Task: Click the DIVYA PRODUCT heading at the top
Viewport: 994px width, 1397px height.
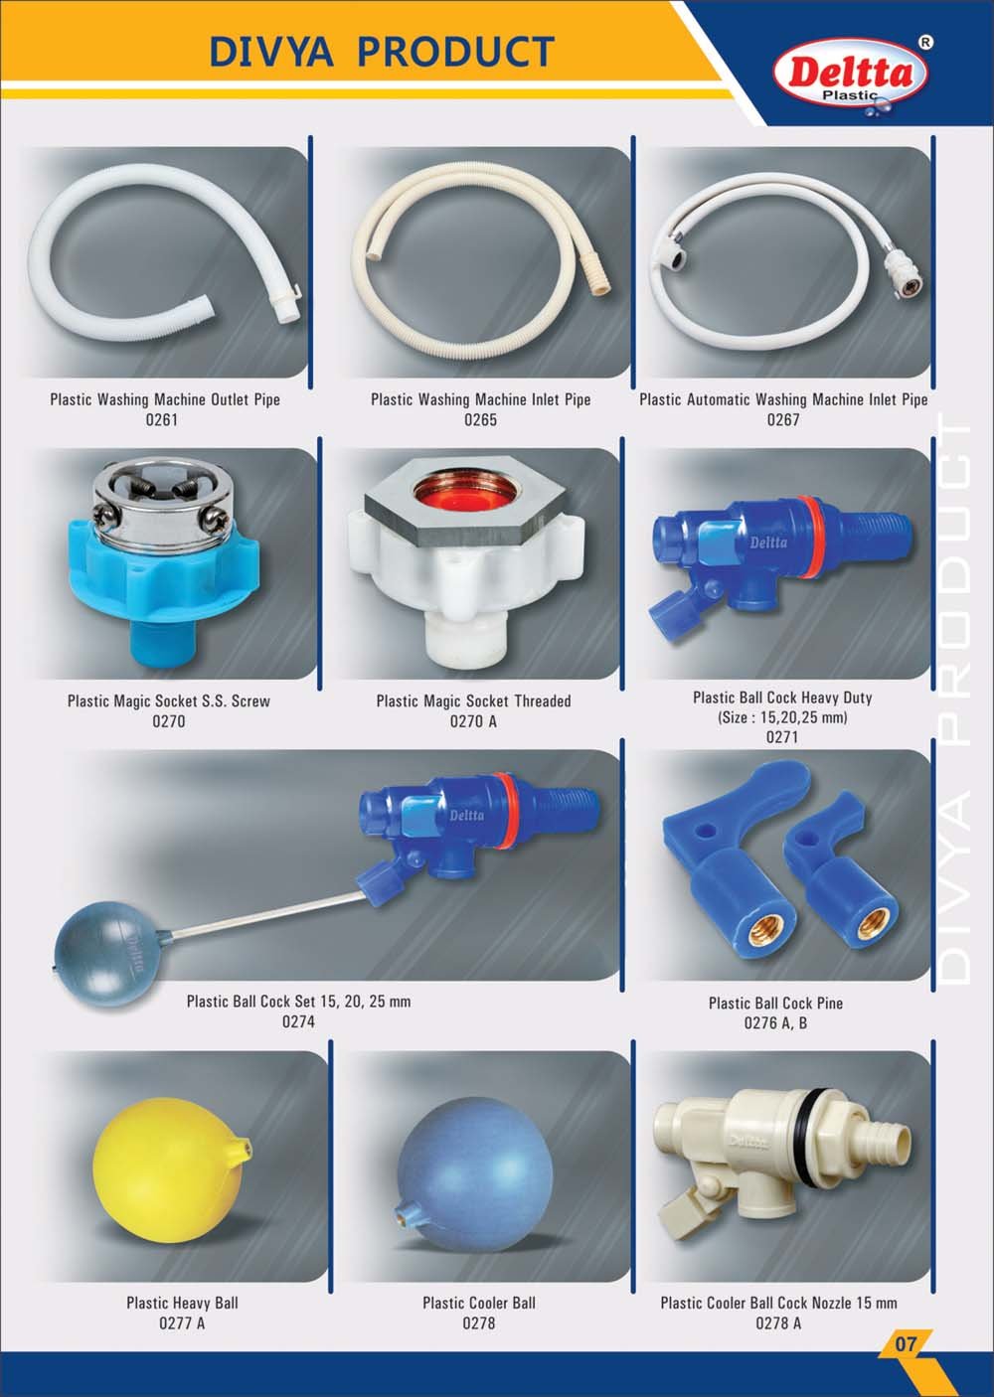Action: (382, 51)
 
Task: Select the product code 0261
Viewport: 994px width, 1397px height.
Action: (162, 419)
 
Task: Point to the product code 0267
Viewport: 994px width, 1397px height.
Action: (783, 419)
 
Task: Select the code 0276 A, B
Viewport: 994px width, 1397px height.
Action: (775, 1022)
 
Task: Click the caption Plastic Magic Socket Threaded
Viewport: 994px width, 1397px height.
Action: (473, 701)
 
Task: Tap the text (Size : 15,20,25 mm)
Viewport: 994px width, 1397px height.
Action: (782, 717)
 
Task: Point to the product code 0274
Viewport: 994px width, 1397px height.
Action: (298, 1021)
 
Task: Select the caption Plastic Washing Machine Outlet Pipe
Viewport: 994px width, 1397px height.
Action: (165, 399)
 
